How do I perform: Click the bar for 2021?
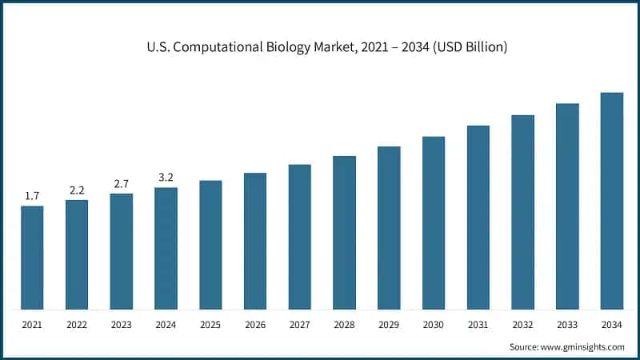click(x=32, y=258)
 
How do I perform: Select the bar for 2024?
click(x=166, y=248)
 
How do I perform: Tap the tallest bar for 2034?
click(x=612, y=201)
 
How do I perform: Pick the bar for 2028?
click(x=344, y=232)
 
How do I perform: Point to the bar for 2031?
click(x=478, y=217)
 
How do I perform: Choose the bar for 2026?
click(x=255, y=241)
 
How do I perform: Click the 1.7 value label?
click(x=32, y=196)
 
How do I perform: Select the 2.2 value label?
click(x=77, y=190)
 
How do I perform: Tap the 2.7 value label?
click(x=122, y=184)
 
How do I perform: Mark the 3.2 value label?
click(x=166, y=178)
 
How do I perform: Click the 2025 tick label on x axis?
click(x=210, y=324)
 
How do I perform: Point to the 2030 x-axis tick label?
click(x=434, y=324)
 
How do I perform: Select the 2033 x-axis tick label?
click(x=567, y=324)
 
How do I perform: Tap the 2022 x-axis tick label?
click(x=77, y=324)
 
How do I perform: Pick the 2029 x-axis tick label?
click(x=389, y=324)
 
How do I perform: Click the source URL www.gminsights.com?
click(x=583, y=346)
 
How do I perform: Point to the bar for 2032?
click(x=522, y=212)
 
